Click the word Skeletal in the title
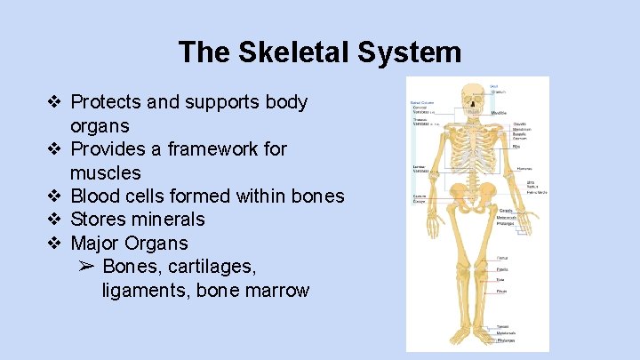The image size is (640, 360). coord(296,52)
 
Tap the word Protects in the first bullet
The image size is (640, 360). coord(106,102)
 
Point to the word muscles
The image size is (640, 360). coord(106,172)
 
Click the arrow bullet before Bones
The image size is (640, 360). coord(85,266)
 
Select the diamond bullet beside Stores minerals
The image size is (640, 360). coord(54,219)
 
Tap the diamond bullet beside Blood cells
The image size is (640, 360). coord(54,196)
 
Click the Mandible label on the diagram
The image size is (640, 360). coord(500,113)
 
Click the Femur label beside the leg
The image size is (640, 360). coord(502,258)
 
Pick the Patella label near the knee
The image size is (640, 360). coord(502,268)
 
